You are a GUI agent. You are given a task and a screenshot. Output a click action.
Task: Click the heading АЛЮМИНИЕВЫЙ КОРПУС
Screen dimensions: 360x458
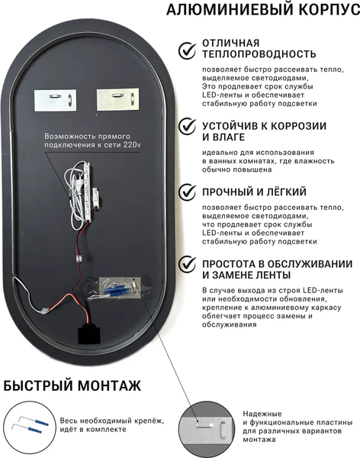click(x=263, y=9)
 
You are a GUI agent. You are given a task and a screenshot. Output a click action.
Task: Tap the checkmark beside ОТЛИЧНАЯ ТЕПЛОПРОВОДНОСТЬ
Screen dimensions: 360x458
click(x=187, y=50)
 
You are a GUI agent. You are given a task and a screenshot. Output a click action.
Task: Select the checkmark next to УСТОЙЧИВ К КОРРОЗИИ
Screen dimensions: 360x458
click(x=187, y=126)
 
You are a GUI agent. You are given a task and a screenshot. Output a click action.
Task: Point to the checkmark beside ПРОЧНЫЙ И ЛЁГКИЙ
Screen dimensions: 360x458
click(x=187, y=192)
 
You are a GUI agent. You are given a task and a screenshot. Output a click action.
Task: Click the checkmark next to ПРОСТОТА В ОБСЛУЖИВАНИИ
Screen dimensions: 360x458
click(x=187, y=264)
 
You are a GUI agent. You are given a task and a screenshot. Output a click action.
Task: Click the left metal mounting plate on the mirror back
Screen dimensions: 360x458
click(x=56, y=100)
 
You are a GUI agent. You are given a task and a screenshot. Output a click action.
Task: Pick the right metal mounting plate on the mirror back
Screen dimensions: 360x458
click(x=118, y=99)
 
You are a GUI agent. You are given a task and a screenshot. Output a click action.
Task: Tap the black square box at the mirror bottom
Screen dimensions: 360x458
click(x=89, y=335)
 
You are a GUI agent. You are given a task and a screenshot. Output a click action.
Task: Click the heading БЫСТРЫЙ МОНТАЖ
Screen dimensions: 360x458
click(x=72, y=385)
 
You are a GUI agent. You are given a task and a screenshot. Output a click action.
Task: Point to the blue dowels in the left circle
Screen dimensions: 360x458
click(x=39, y=426)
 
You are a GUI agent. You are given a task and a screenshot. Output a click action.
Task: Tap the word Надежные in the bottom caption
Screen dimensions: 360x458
click(x=262, y=414)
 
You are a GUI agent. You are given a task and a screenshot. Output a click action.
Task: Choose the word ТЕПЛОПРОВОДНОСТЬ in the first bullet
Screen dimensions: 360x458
click(x=259, y=54)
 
